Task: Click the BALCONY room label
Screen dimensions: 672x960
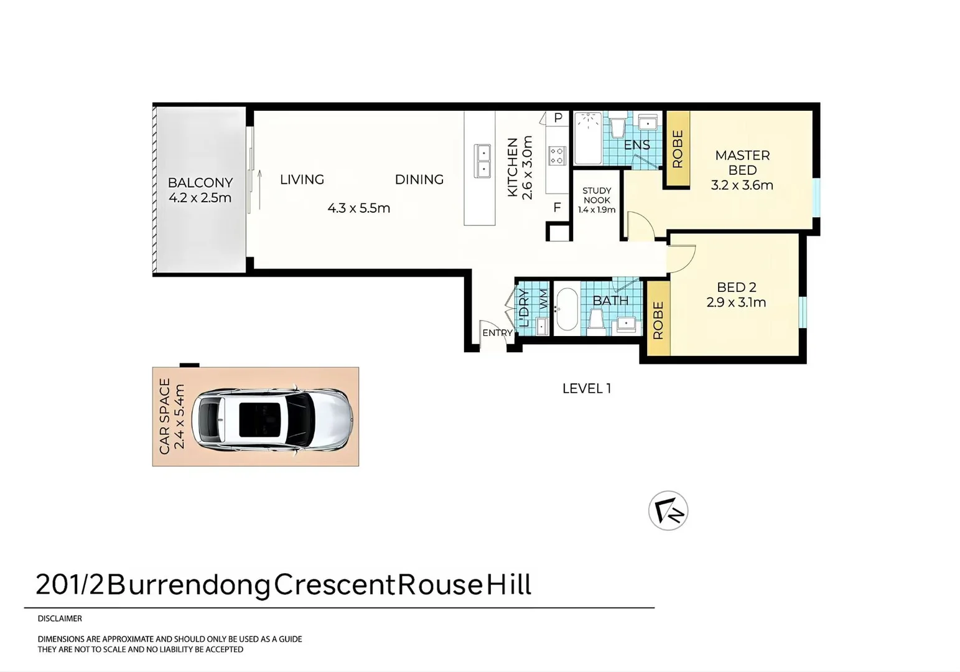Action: click(x=200, y=183)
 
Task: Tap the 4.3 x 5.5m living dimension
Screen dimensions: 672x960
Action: click(x=358, y=208)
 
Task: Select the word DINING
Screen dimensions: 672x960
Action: click(x=419, y=180)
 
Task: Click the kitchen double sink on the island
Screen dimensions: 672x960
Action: click(x=482, y=161)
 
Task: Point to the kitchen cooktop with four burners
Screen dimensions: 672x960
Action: click(x=557, y=156)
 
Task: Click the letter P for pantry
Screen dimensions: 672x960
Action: click(x=558, y=118)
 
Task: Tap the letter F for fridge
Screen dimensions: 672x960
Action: click(x=557, y=208)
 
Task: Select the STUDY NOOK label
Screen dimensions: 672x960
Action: click(x=596, y=195)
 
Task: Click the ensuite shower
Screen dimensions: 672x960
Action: click(x=587, y=138)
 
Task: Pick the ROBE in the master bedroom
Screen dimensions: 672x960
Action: click(x=678, y=149)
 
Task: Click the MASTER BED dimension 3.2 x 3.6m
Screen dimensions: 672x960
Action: click(x=742, y=185)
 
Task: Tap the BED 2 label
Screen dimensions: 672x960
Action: click(x=736, y=287)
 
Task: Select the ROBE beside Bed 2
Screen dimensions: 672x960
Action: click(x=658, y=320)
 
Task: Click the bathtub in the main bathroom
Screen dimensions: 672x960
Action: click(x=566, y=309)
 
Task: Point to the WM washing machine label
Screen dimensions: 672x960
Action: click(x=543, y=299)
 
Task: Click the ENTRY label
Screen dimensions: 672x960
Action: click(x=497, y=333)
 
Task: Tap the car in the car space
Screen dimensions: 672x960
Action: click(x=273, y=419)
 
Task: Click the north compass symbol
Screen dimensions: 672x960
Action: click(x=668, y=511)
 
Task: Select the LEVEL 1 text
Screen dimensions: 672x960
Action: click(x=586, y=389)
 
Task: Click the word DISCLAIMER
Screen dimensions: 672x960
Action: click(x=60, y=618)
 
